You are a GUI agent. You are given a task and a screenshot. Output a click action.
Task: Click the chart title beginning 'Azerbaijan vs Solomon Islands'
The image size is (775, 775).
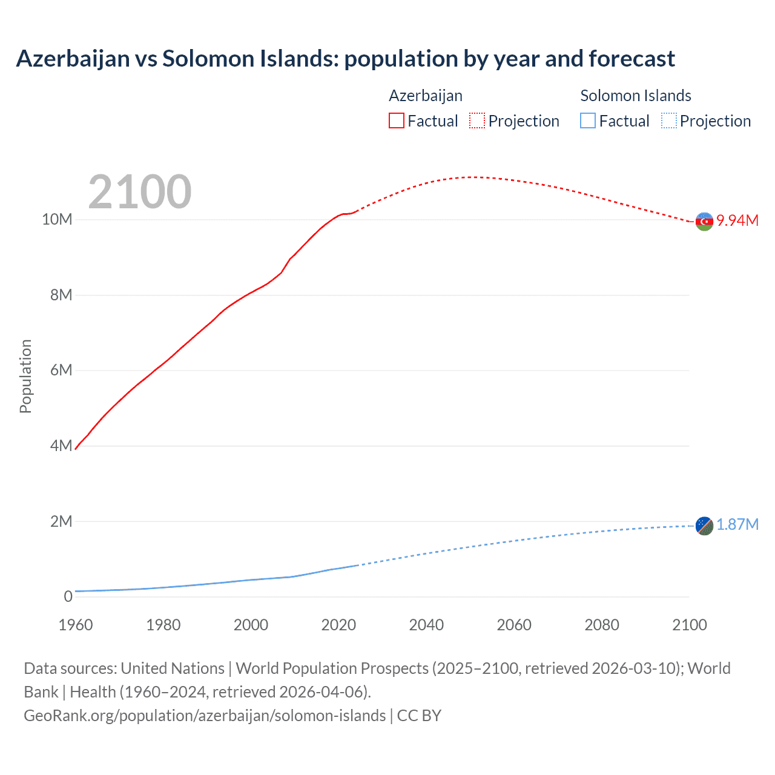coord(345,59)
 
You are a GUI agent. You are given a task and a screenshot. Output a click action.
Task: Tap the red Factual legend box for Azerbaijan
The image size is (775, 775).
coord(396,120)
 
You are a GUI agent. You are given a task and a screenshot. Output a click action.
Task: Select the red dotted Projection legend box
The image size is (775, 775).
coord(477,120)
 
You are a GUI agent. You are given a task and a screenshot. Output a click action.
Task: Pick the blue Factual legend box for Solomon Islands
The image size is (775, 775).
coord(588,120)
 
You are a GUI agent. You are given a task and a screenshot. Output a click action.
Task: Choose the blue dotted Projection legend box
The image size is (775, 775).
coord(668,120)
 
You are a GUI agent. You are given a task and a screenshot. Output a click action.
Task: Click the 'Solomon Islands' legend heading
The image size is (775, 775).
coord(635,96)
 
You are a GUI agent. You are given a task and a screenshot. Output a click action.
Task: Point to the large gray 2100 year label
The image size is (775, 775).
coord(140,192)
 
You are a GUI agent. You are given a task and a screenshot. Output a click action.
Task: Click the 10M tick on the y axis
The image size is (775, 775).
coord(57,219)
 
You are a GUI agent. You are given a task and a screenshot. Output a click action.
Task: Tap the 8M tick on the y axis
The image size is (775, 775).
coord(61,295)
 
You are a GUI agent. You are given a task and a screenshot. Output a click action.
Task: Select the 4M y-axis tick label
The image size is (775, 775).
coord(61,446)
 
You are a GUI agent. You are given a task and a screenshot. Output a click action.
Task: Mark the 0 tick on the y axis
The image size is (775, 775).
coord(68,596)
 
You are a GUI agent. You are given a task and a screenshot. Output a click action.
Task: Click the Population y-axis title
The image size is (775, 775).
coord(25,376)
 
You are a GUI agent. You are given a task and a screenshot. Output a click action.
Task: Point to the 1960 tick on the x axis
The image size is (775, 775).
coord(76,625)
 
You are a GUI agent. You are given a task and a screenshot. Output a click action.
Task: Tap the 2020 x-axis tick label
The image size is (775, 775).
coord(338,625)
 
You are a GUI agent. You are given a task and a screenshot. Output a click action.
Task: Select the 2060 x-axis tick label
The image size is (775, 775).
coord(514,625)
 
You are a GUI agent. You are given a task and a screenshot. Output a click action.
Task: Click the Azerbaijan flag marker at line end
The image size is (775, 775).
coord(704,222)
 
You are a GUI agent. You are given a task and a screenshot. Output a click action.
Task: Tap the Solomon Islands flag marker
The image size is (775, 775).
coord(704,526)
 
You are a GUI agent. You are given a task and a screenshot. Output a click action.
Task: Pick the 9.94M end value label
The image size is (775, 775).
coord(737,220)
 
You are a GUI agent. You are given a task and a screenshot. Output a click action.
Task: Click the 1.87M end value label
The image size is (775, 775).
coord(737,524)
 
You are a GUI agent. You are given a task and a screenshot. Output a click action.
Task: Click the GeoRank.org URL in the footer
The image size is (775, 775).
coord(205,716)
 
